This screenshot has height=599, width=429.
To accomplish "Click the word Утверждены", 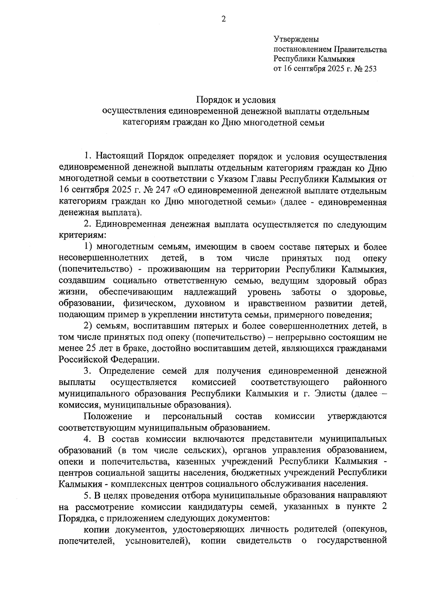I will [x=296, y=39].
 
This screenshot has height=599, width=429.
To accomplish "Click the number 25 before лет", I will [x=90, y=348].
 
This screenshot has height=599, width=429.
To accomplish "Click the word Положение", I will [x=107, y=416].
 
